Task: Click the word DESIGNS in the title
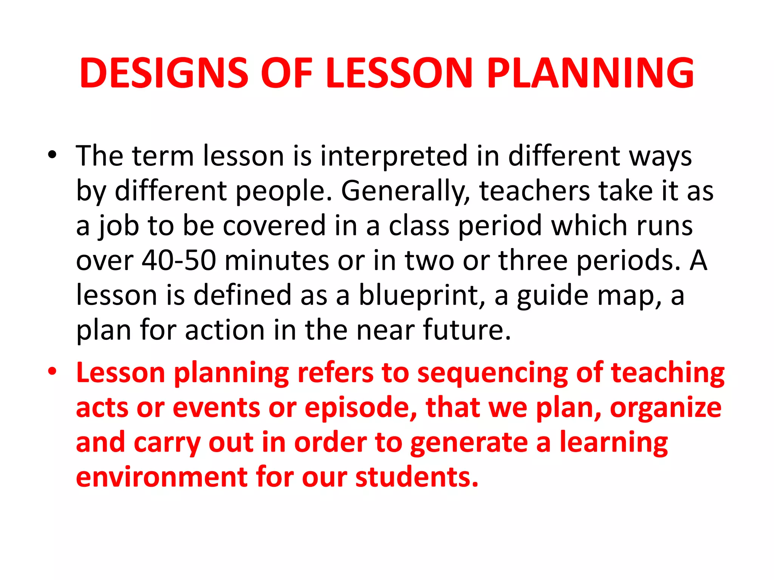(x=164, y=73)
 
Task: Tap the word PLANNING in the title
(x=590, y=73)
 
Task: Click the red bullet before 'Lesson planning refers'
(x=52, y=372)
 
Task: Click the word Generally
(x=406, y=191)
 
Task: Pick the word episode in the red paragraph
(x=360, y=408)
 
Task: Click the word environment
(x=162, y=477)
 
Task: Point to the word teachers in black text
(x=534, y=191)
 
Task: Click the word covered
(x=274, y=225)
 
